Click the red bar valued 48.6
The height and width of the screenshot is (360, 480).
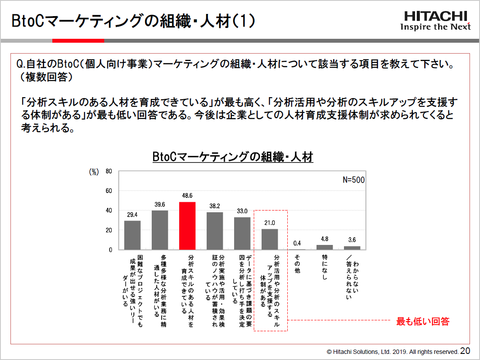187,226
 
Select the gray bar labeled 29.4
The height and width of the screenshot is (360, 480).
132,235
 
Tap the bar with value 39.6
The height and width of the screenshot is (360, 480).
160,230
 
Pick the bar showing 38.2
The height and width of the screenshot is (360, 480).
214,231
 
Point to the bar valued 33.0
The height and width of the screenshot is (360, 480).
242,233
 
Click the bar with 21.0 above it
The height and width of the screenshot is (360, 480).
269,239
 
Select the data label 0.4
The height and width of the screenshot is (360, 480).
297,243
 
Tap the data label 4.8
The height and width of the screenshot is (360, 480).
324,239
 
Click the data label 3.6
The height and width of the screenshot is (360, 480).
352,240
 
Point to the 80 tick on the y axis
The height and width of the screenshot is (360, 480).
109,171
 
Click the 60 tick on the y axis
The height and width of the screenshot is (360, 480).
109,191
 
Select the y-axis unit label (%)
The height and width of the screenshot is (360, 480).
94,172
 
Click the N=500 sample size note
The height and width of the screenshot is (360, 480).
353,180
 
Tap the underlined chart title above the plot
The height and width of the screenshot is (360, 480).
233,157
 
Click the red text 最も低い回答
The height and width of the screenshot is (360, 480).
422,322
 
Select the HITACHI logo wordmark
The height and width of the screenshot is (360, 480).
436,17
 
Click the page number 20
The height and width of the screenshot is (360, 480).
465,351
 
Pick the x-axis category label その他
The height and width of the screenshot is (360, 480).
297,264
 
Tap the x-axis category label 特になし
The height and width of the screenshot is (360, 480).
324,267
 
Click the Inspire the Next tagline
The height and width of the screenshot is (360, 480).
436,27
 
